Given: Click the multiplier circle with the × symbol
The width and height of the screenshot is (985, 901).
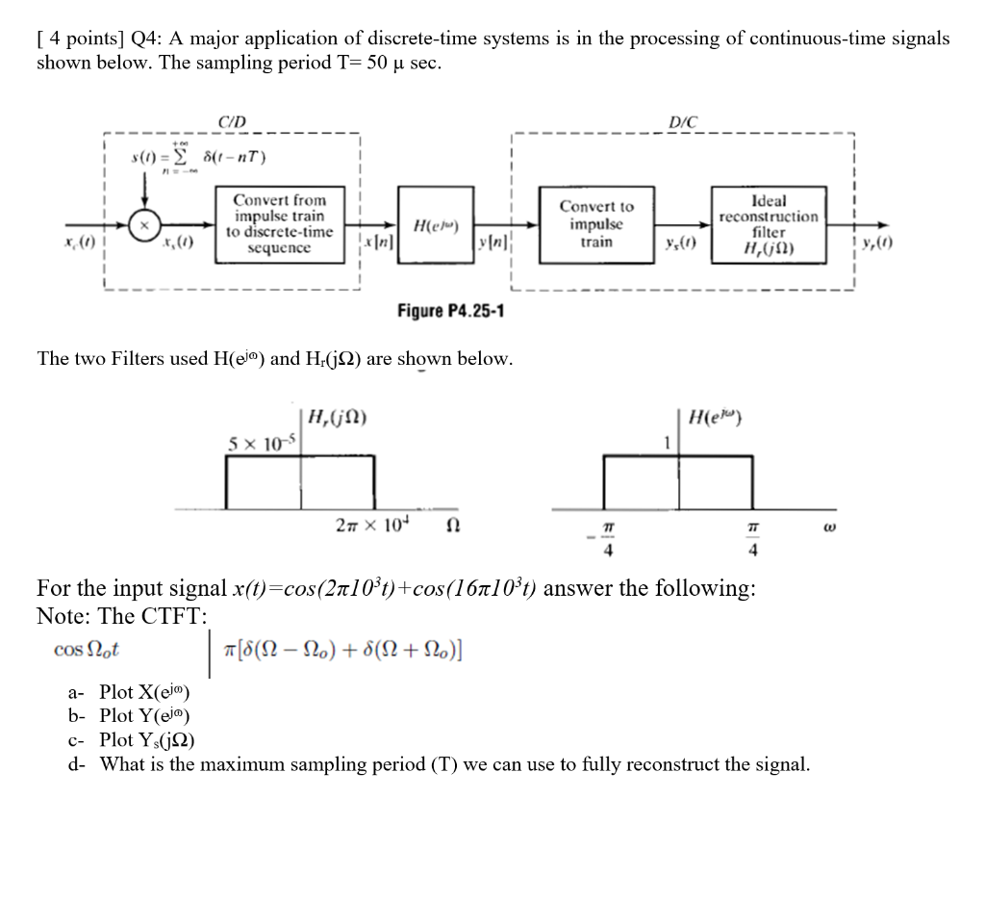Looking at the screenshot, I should (x=144, y=223).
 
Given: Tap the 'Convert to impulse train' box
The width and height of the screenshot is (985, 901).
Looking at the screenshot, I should (x=597, y=224).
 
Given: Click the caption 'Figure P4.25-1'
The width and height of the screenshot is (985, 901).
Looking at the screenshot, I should (x=451, y=312).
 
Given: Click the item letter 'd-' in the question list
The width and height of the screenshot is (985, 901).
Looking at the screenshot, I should (x=78, y=765).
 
